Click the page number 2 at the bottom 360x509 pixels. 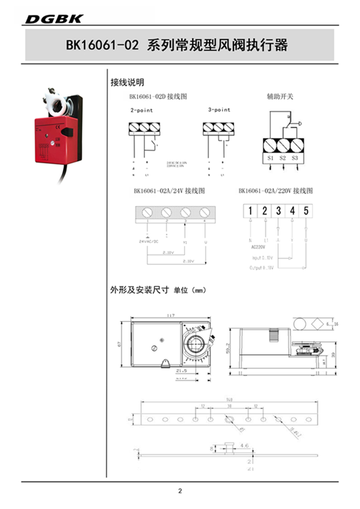click(180, 491)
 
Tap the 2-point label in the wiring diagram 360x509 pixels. click(141, 110)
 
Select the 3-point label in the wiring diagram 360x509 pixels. click(219, 110)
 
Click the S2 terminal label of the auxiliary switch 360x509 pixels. click(283, 158)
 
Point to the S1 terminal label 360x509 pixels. click(271, 158)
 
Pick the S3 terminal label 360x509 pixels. click(294, 158)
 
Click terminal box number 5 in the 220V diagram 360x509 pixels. click(306, 211)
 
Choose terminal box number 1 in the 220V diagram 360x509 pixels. click(250, 211)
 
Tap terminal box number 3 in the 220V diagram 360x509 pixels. click(278, 211)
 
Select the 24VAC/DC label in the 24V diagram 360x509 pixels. click(149, 241)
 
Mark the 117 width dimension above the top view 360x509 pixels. click(170, 316)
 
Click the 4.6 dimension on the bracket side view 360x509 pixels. click(244, 445)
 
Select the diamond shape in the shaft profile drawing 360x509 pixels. click(317, 324)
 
